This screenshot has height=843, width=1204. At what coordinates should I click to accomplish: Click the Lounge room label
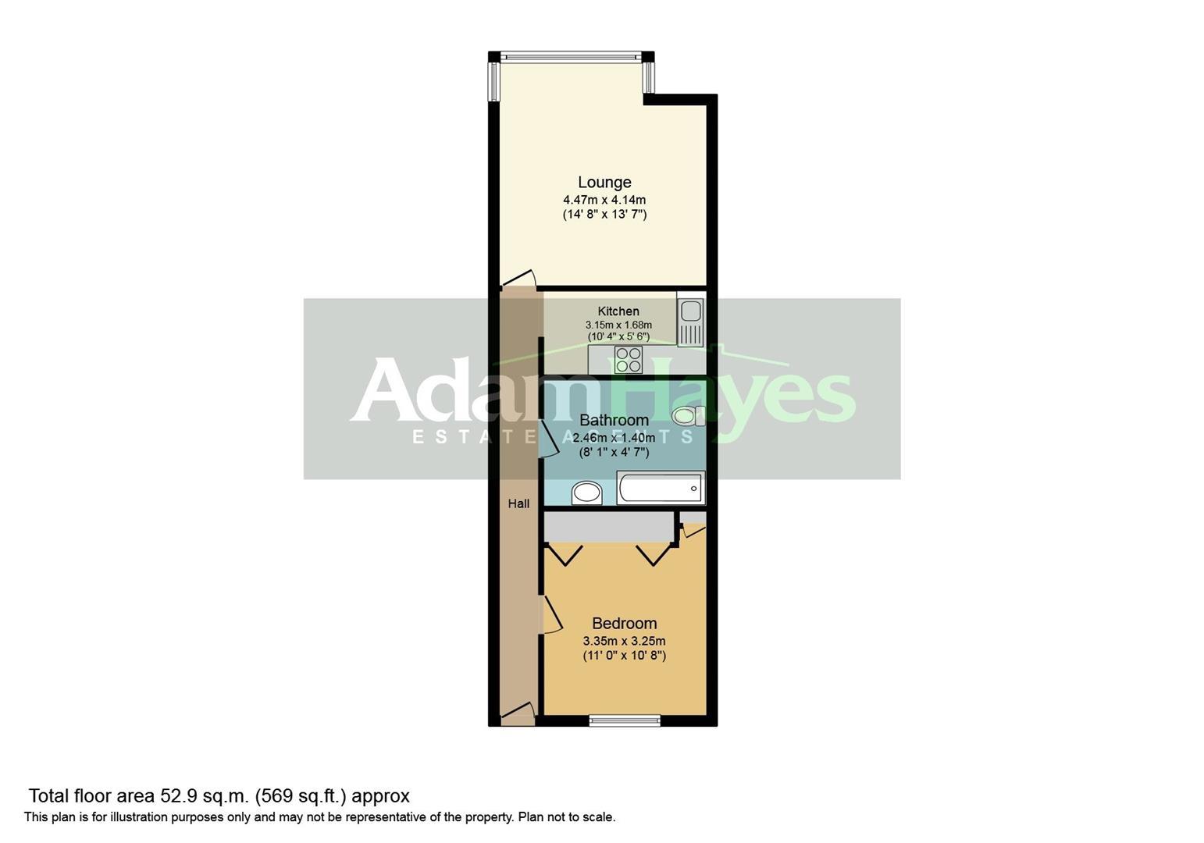[x=604, y=183]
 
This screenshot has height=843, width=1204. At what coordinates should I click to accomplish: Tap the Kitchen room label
[x=618, y=311]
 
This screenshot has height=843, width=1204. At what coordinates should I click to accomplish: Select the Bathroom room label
[x=614, y=421]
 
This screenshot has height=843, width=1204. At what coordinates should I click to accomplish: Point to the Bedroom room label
[x=624, y=624]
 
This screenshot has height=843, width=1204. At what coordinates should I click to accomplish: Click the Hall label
[x=518, y=503]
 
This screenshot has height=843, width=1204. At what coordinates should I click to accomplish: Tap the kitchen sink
[x=692, y=322]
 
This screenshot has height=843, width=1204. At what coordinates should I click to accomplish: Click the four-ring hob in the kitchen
[x=629, y=360]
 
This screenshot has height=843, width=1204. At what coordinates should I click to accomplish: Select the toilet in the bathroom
[x=688, y=416]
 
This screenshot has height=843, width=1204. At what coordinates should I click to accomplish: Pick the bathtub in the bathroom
[x=661, y=489]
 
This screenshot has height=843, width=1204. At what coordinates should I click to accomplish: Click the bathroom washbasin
[x=586, y=493]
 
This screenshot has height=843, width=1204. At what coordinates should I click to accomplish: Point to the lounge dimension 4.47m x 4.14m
[x=604, y=200]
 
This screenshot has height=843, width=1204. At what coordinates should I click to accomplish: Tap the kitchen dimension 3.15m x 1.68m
[x=618, y=325]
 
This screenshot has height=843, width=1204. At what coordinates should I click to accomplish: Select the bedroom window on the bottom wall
[x=625, y=720]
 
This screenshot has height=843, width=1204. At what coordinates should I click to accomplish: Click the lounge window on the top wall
[x=571, y=56]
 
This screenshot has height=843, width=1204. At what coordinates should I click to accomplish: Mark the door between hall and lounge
[x=518, y=279]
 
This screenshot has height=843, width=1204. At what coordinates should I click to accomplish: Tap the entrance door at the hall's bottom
[x=518, y=712]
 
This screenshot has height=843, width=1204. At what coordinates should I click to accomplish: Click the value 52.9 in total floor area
[x=175, y=796]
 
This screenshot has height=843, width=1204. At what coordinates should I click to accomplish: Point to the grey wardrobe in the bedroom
[x=608, y=527]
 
